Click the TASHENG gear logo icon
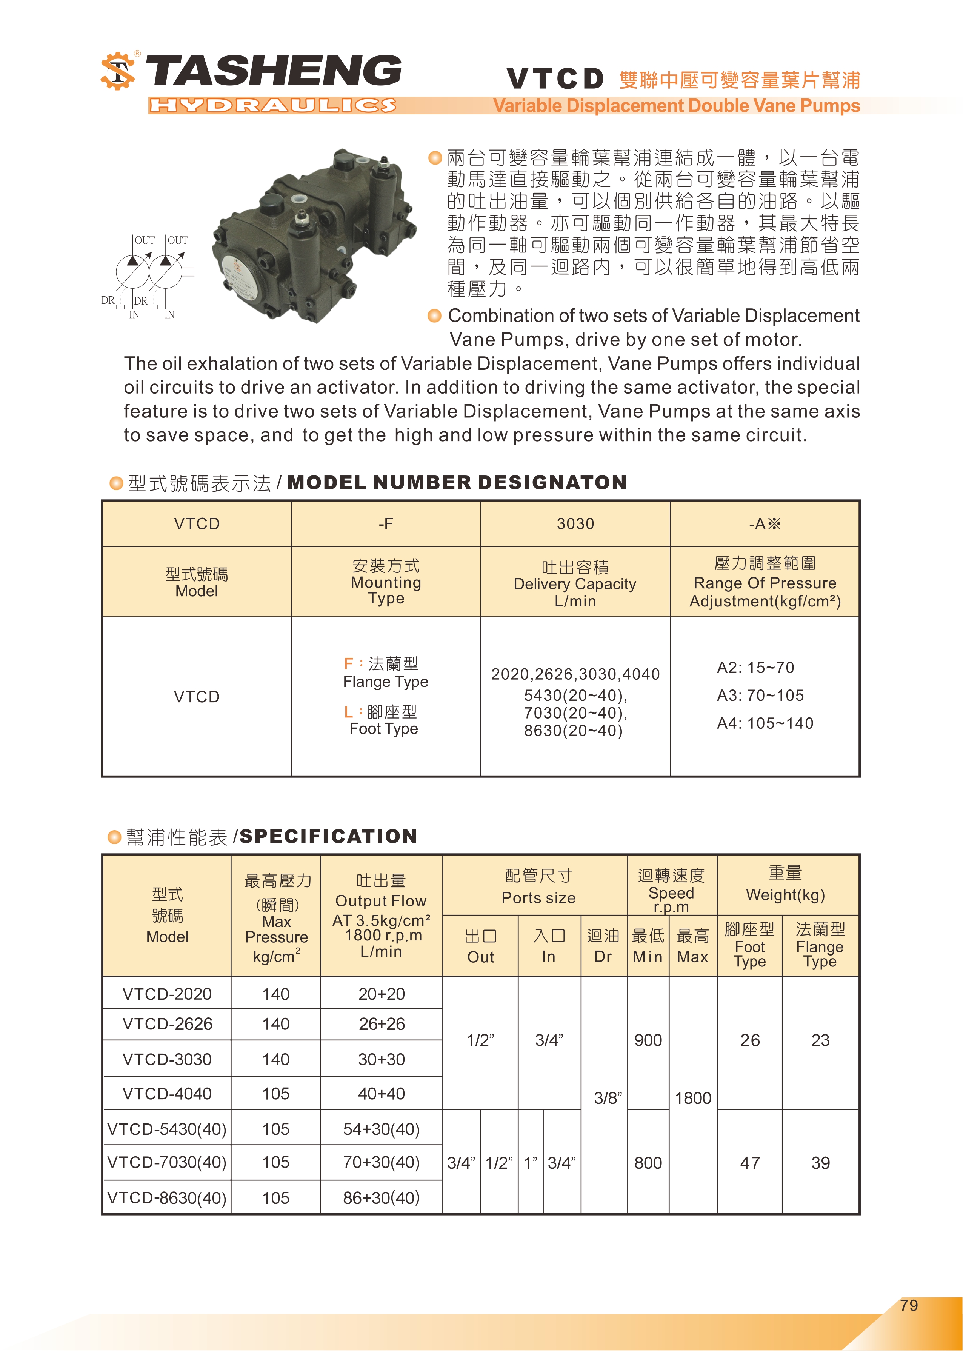[117, 72]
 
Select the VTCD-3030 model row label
[167, 1059]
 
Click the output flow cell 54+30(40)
[381, 1129]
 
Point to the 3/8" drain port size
[608, 1099]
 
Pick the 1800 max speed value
[692, 1099]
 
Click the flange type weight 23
[820, 1040]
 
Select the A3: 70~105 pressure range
[760, 695]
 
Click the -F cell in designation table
[385, 524]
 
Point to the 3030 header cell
[575, 524]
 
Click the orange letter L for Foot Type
[349, 712]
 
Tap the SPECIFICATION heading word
[329, 836]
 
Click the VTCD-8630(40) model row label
[167, 1198]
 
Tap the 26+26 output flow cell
[381, 1024]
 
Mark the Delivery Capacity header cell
[575, 583]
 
